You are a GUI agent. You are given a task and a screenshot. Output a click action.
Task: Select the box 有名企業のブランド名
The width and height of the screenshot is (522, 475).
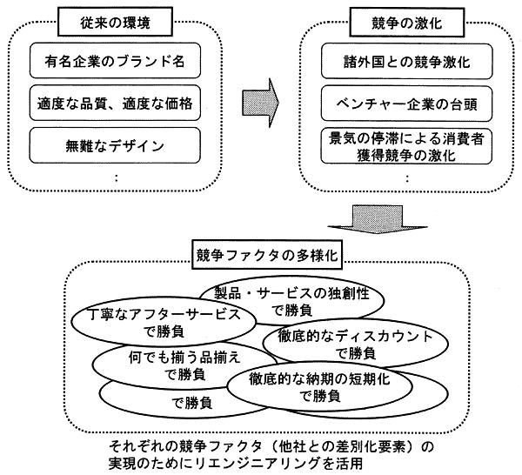(x=117, y=63)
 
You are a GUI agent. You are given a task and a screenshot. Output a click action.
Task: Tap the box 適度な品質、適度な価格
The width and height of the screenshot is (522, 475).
(x=117, y=103)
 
